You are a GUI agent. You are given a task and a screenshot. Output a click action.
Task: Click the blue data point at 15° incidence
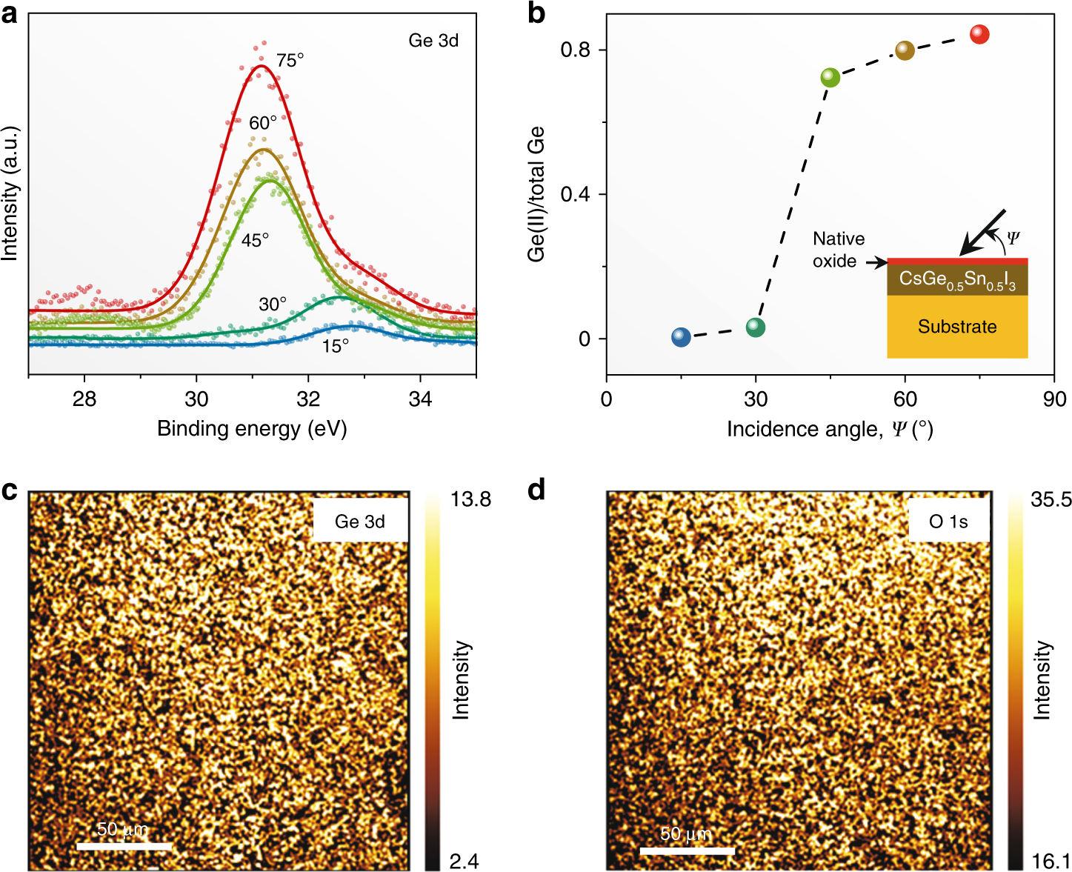click(681, 337)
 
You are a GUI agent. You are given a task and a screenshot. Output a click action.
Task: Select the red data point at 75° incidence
click(979, 34)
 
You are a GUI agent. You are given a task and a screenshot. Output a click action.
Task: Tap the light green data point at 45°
click(830, 77)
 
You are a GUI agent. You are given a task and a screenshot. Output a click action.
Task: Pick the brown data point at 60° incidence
click(905, 50)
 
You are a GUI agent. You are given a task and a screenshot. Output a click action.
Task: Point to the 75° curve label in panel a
click(290, 61)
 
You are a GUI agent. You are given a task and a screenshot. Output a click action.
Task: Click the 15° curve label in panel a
click(335, 346)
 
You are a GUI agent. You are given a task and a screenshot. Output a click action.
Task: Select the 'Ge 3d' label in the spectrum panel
click(433, 41)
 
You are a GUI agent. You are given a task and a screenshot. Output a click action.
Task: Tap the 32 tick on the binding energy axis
click(308, 399)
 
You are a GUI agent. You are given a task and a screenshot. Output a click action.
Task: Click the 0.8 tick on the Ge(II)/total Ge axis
click(575, 50)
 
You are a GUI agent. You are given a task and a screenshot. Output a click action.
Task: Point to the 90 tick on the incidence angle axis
click(1054, 399)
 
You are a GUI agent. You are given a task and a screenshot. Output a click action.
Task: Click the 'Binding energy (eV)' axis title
click(252, 429)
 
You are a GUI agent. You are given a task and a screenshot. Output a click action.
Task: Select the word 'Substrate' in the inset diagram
click(957, 327)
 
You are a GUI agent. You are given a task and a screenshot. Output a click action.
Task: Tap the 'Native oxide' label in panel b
click(838, 250)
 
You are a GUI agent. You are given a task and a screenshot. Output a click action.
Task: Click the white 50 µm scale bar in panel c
click(124, 846)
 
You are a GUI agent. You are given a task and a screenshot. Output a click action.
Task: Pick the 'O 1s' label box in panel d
click(948, 522)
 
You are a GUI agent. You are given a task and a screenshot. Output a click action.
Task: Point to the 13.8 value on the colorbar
click(470, 499)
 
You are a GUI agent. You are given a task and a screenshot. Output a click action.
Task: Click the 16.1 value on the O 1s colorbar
click(1051, 861)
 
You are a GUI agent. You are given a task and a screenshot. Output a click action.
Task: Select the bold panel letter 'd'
click(536, 490)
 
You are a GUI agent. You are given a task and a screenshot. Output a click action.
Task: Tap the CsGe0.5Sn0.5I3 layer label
click(957, 280)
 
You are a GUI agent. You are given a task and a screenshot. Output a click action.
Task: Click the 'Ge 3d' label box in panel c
click(360, 522)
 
